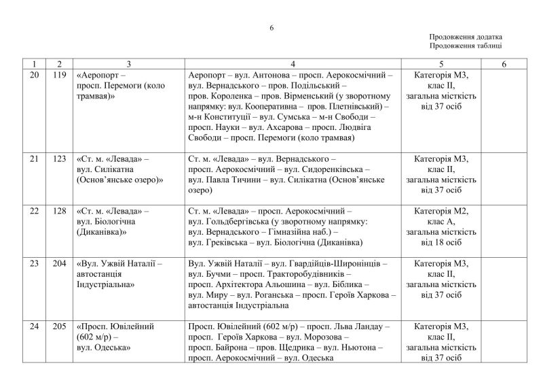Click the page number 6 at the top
click(x=271, y=28)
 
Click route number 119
click(x=59, y=75)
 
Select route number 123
click(x=59, y=158)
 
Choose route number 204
click(x=59, y=263)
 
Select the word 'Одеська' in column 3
click(x=107, y=348)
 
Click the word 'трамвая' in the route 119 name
click(x=94, y=97)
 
